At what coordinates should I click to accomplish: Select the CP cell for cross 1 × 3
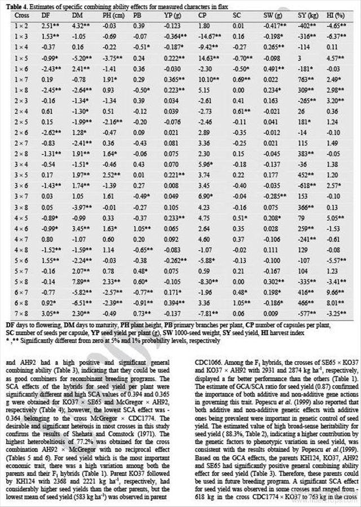point(205,37)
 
